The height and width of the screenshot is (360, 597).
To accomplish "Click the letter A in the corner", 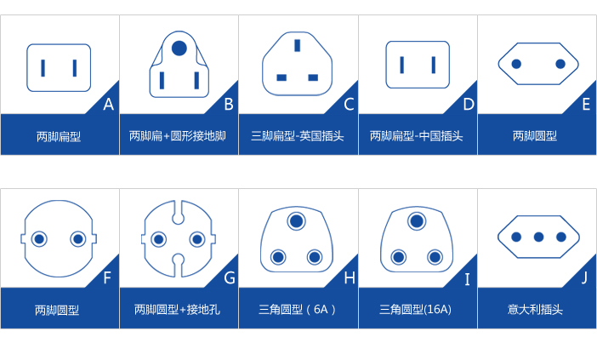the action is (x=109, y=104).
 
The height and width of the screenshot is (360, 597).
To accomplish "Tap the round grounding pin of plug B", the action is (x=179, y=49).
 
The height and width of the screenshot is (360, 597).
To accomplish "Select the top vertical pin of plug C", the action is (x=298, y=45).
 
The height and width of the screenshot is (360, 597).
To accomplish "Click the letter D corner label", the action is (x=469, y=104).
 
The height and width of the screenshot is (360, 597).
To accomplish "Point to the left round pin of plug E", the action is (x=516, y=64).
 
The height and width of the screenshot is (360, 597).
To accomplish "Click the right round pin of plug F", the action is (x=78, y=239).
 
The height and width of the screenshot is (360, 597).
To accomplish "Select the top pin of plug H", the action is (x=297, y=221).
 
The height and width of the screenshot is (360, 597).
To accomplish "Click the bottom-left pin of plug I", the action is (x=399, y=257).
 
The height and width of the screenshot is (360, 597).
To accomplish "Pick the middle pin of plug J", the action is (x=538, y=237).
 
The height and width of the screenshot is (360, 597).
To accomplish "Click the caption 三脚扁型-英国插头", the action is (x=298, y=136).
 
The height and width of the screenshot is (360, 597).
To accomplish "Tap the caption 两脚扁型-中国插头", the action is (x=416, y=136).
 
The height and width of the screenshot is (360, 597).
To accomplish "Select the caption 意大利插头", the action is (x=535, y=309).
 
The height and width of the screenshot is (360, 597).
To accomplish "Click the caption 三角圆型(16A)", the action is (x=415, y=309).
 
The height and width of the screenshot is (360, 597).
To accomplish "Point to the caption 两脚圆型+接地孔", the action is (x=177, y=309).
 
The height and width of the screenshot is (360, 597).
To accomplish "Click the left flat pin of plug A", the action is (x=43, y=68).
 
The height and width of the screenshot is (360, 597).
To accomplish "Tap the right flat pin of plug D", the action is (x=434, y=65).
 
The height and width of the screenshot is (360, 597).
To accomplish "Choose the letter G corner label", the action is (x=230, y=278).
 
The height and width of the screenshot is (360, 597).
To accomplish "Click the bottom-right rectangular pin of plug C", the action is (x=313, y=77).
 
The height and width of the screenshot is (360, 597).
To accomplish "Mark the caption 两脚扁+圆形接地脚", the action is (x=178, y=136).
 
